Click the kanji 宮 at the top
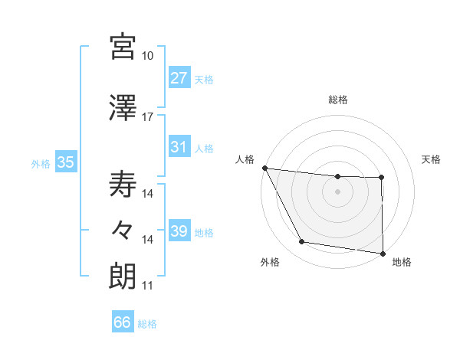123,47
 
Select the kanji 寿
123,185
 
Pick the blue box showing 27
179,79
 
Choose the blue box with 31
179,148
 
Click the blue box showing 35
65,162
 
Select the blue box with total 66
123,323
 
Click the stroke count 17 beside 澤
148,117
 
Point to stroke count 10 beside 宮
148,56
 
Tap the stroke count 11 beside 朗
148,286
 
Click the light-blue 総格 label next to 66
147,324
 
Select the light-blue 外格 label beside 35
40,163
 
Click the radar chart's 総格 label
337,100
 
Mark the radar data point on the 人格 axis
264,168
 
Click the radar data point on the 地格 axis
383,252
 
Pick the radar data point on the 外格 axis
302,243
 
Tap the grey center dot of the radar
337,191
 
